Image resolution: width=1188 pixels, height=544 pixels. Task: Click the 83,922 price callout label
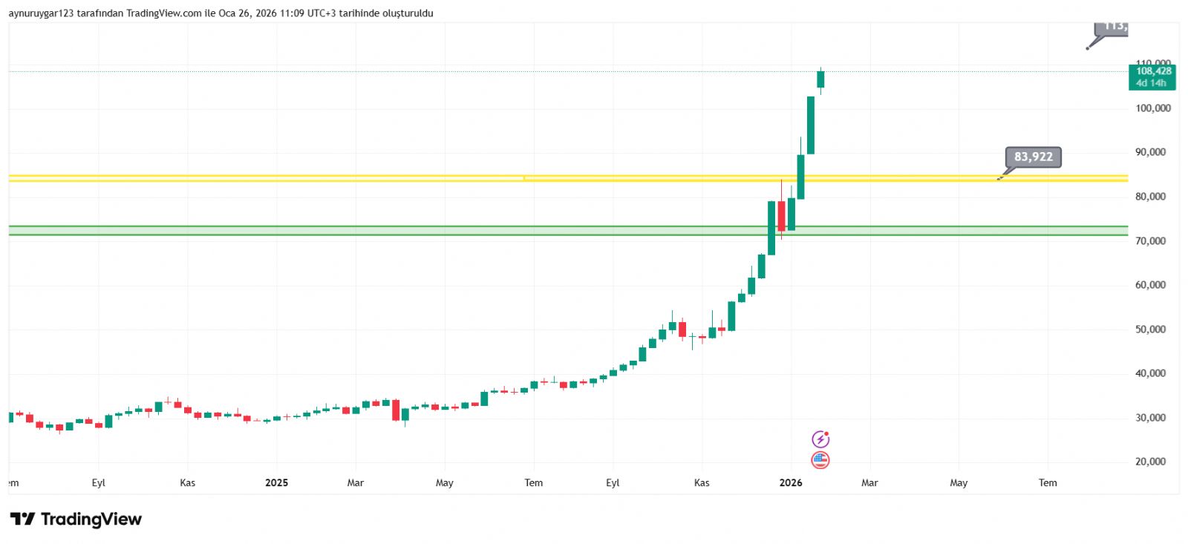(x=1033, y=157)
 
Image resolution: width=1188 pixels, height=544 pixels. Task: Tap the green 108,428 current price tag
(x=1153, y=71)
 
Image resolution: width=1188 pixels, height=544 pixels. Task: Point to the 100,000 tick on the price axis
(x=1152, y=108)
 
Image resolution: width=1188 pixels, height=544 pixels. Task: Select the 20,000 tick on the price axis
(x=1150, y=462)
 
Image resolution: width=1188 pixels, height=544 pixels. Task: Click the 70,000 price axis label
(x=1150, y=241)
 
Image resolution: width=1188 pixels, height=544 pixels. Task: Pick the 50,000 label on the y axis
(x=1150, y=330)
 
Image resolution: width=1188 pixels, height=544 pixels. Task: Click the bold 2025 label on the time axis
(x=276, y=483)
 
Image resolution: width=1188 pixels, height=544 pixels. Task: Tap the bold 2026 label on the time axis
(x=791, y=483)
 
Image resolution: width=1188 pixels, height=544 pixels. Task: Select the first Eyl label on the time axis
(x=99, y=483)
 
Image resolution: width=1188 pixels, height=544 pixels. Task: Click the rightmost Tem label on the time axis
(x=1048, y=483)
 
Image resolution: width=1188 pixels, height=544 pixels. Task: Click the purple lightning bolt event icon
(x=820, y=439)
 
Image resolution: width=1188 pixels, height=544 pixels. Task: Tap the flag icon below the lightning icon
(x=820, y=460)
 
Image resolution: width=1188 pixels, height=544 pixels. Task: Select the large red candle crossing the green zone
(x=781, y=216)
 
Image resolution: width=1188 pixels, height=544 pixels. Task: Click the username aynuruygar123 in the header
(x=41, y=13)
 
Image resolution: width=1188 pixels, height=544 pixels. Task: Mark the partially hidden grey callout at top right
(x=1112, y=28)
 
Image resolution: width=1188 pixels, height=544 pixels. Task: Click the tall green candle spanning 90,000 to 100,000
(x=811, y=125)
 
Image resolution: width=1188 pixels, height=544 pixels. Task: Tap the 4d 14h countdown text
(x=1151, y=83)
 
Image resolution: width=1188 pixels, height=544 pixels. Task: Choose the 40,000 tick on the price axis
(x=1150, y=373)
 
